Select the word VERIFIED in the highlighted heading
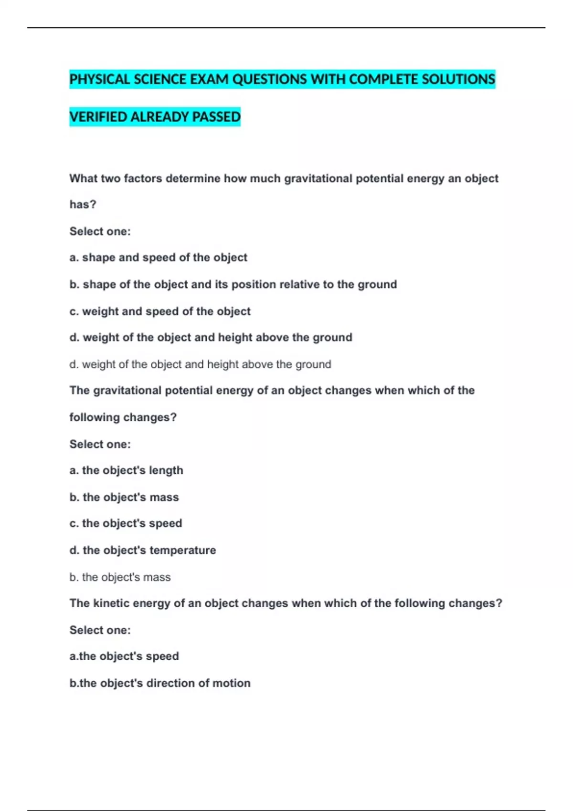click(98, 117)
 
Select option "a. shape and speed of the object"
click(158, 258)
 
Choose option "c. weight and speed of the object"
click(160, 312)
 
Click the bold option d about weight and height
click(211, 338)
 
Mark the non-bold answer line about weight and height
click(200, 364)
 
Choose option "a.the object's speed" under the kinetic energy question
click(124, 656)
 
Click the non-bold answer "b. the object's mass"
click(120, 577)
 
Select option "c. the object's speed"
click(126, 523)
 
